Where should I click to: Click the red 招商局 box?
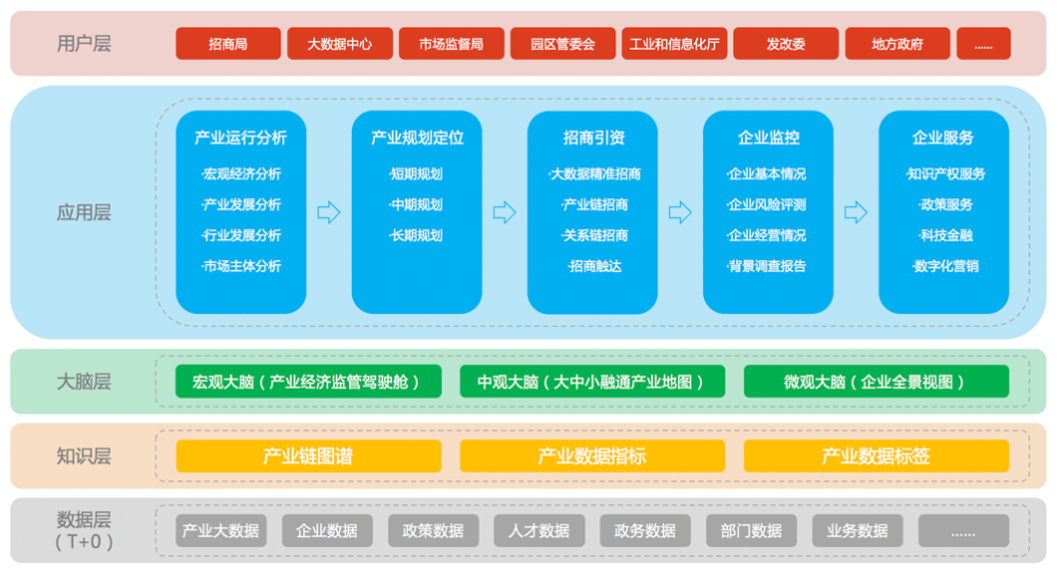(x=228, y=44)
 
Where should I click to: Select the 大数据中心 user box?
(x=340, y=44)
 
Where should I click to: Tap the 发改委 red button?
(x=786, y=44)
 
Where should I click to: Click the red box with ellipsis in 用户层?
(x=983, y=44)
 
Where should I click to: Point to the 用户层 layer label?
(x=84, y=44)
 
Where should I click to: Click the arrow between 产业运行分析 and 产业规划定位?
(x=328, y=212)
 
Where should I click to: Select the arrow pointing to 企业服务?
(x=856, y=212)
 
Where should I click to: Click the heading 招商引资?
(x=592, y=139)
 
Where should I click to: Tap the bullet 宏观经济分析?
(x=241, y=173)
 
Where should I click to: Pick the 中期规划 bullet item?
(x=417, y=204)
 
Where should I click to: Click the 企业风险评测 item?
(x=767, y=204)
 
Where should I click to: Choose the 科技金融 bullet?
(x=944, y=235)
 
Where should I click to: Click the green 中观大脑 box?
(x=591, y=382)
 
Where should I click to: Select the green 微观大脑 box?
(x=876, y=382)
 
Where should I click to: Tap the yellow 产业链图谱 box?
(x=308, y=456)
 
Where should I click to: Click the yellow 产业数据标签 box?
(x=876, y=456)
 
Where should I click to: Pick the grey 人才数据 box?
(x=539, y=531)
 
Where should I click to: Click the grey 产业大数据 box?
(x=220, y=531)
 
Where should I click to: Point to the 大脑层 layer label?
(x=84, y=382)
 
